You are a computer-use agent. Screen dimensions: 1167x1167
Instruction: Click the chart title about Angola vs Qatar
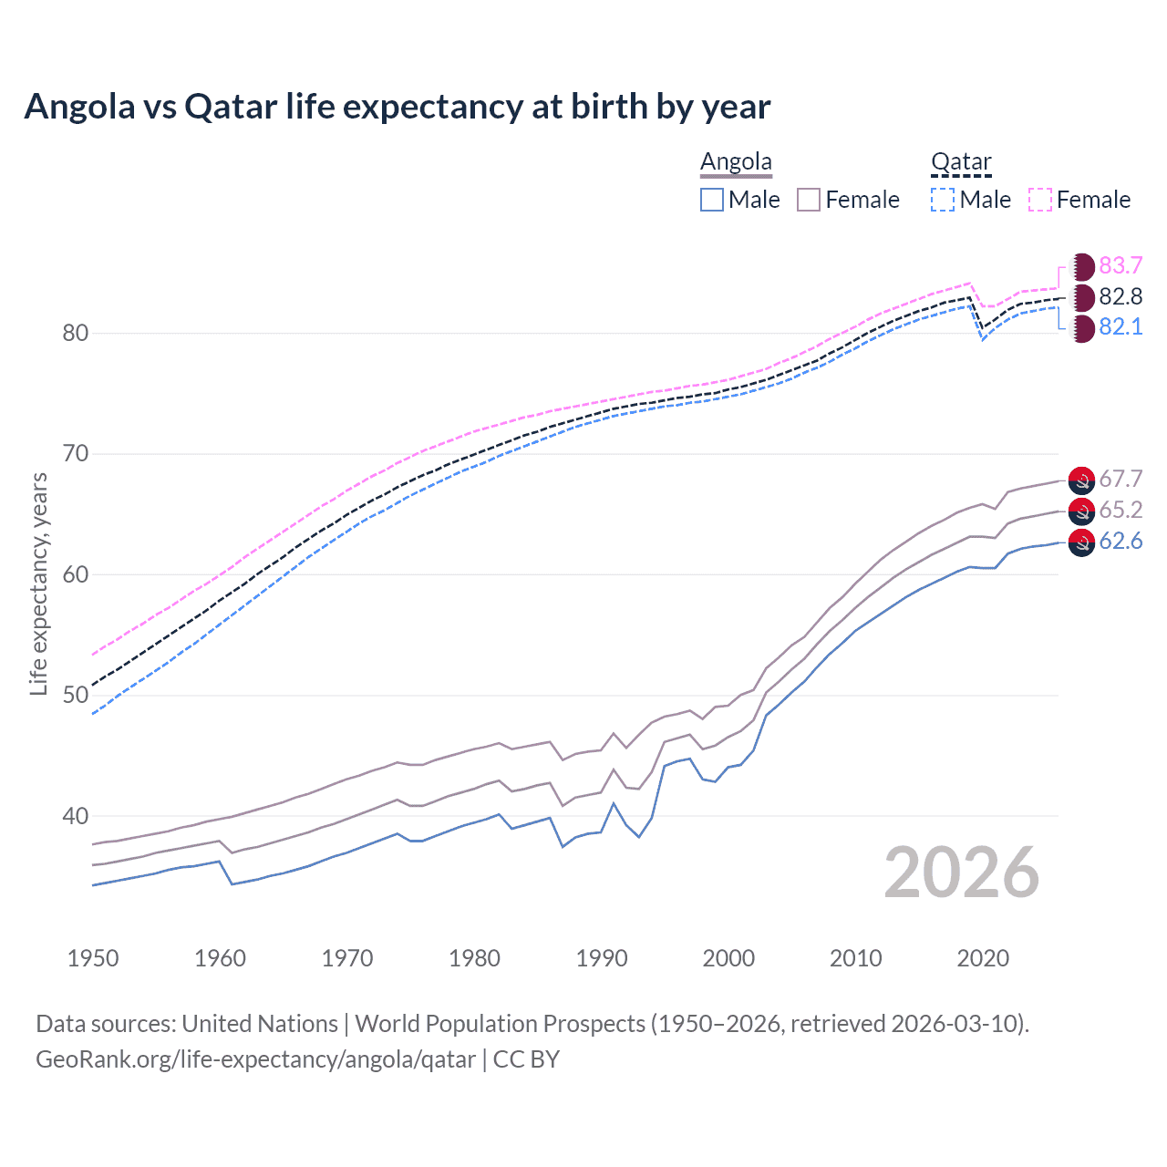pyautogui.click(x=398, y=107)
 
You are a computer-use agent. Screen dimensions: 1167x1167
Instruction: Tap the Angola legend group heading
pyautogui.click(x=736, y=162)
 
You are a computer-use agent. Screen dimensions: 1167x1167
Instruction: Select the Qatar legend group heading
pyautogui.click(x=961, y=162)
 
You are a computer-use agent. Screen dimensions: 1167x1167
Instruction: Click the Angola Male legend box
pyautogui.click(x=712, y=200)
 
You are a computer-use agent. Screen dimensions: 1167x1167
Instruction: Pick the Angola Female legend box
pyautogui.click(x=809, y=200)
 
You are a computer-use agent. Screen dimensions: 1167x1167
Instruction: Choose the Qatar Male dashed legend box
pyautogui.click(x=943, y=200)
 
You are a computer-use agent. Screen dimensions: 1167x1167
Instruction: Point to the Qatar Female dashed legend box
pyautogui.click(x=1040, y=200)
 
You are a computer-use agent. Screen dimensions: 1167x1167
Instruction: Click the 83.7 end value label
pyautogui.click(x=1121, y=265)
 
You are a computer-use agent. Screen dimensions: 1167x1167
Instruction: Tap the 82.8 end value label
pyautogui.click(x=1121, y=296)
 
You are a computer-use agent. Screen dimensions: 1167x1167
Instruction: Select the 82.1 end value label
pyautogui.click(x=1121, y=326)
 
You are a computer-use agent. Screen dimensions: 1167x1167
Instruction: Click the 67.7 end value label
pyautogui.click(x=1121, y=479)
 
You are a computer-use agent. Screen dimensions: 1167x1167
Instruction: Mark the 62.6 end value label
pyautogui.click(x=1121, y=541)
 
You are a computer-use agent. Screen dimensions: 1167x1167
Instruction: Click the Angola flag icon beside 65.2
pyautogui.click(x=1081, y=511)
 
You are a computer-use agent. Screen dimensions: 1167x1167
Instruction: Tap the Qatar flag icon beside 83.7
pyautogui.click(x=1081, y=266)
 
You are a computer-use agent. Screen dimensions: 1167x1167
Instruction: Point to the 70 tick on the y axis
pyautogui.click(x=76, y=453)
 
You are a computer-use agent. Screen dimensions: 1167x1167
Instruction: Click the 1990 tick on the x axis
pyautogui.click(x=602, y=958)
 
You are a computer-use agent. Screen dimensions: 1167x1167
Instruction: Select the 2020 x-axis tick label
pyautogui.click(x=983, y=958)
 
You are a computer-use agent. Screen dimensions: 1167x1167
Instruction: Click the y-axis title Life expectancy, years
pyautogui.click(x=38, y=583)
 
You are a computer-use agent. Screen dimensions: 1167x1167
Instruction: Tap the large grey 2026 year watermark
pyautogui.click(x=961, y=873)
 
